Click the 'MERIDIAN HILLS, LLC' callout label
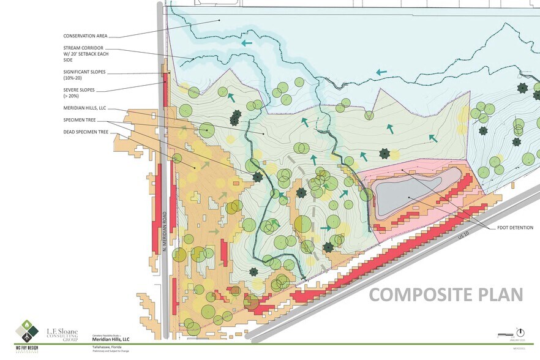click(x=85, y=108)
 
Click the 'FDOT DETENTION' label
click(x=516, y=228)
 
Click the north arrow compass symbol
click(x=520, y=326)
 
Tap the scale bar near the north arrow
click(x=504, y=334)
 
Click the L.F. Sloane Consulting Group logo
click(x=62, y=334)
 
